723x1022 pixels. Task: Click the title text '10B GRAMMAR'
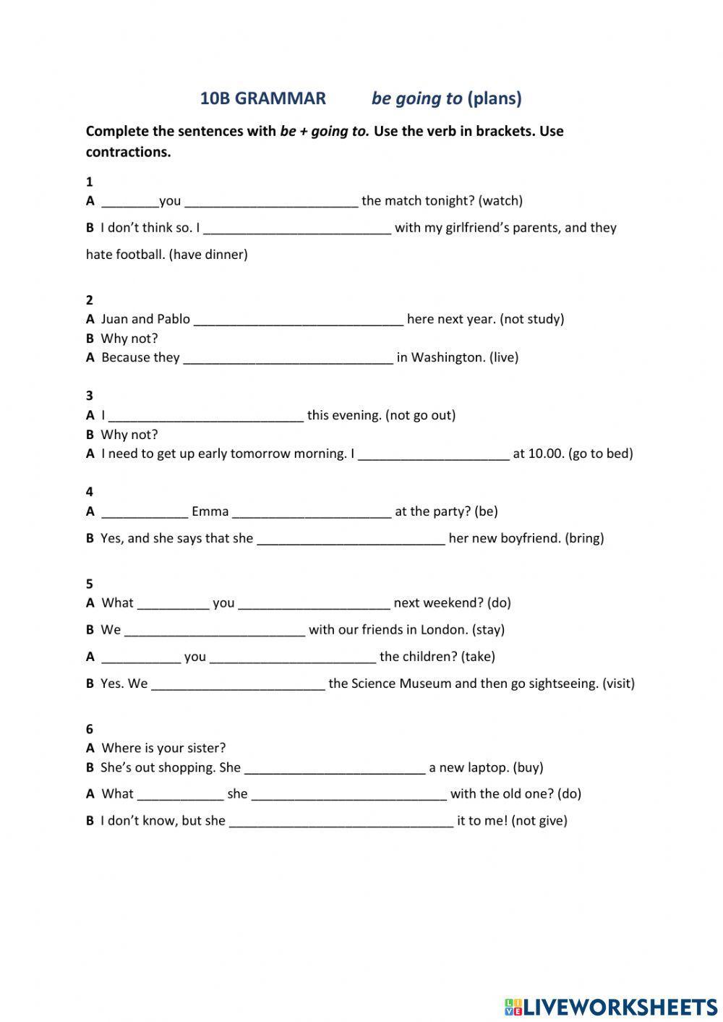coord(262,98)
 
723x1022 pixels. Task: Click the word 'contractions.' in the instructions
coord(128,152)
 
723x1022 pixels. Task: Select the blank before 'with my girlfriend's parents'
coord(298,228)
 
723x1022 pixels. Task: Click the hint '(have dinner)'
coord(208,255)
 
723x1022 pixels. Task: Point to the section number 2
coord(90,300)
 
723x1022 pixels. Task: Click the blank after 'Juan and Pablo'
coord(299,319)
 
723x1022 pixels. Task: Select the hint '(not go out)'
coord(420,415)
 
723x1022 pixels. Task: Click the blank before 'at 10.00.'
coord(434,454)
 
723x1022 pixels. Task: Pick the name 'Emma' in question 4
coord(210,511)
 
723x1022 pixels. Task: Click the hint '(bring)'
coord(584,538)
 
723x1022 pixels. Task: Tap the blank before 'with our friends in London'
coord(215,630)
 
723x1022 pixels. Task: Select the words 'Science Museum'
coord(401,684)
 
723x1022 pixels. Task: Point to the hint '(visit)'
coord(618,684)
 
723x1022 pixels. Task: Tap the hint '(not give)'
coord(539,821)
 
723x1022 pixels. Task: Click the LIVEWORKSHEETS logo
coord(610,1006)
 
